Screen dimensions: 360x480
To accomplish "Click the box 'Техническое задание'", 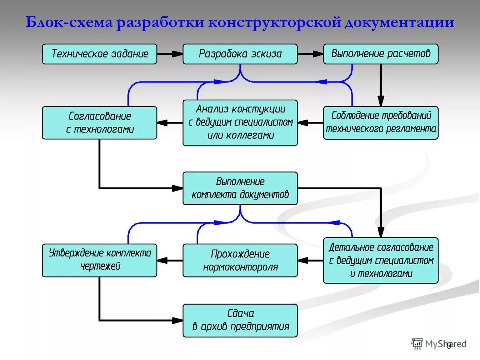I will pos(99,54).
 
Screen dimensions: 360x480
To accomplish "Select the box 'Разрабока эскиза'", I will pos(240,54).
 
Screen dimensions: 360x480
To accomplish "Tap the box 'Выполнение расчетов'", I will pos(380,54).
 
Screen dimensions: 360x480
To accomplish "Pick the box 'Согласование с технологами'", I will pos(99,122).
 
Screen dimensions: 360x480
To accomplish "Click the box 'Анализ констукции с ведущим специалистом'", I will pos(240,122).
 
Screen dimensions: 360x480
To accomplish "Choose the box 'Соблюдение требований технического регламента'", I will pos(380,122).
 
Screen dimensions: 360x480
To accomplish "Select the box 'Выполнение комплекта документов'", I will pos(240,188).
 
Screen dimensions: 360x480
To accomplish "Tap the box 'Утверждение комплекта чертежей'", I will pos(99,260).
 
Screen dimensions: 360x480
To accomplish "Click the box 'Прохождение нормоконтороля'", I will pos(240,260).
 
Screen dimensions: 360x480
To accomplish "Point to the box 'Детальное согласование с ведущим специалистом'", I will pos(380,260).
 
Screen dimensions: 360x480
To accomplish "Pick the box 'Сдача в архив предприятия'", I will pos(240,320).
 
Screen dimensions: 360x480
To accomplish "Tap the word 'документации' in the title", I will pos(399,22).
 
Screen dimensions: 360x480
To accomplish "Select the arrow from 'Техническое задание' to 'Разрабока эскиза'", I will pos(170,54).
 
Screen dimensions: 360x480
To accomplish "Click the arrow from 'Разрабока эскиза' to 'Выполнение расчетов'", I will pos(310,54).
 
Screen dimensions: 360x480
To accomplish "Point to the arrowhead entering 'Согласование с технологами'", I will pos(162,123).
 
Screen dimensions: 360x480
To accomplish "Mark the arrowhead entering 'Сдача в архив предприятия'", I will pos(177,320).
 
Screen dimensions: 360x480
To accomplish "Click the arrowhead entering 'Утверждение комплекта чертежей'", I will pos(162,260).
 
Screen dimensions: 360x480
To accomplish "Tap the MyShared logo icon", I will pos(417,344).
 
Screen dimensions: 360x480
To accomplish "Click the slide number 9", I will pos(449,345).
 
